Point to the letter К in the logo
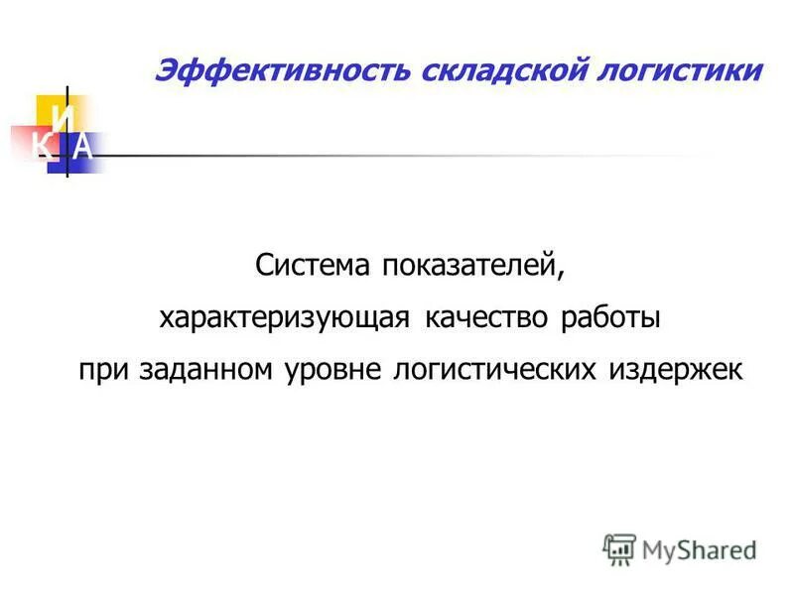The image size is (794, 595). click(41, 148)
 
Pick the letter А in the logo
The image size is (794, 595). click(84, 148)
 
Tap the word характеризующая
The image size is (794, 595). click(285, 318)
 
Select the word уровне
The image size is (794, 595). click(333, 370)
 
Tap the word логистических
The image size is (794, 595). click(495, 370)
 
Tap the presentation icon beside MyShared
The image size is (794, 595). click(619, 547)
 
